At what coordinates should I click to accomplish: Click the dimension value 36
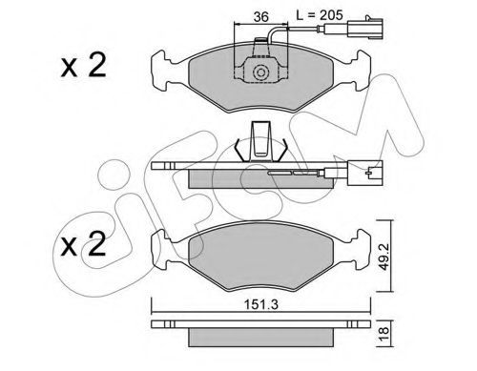pyautogui.click(x=261, y=16)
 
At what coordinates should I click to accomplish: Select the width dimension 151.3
pyautogui.click(x=260, y=304)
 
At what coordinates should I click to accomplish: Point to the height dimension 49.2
pyautogui.click(x=384, y=256)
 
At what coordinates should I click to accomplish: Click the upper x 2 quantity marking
pyautogui.click(x=83, y=66)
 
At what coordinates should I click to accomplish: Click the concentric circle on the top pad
pyautogui.click(x=260, y=72)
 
